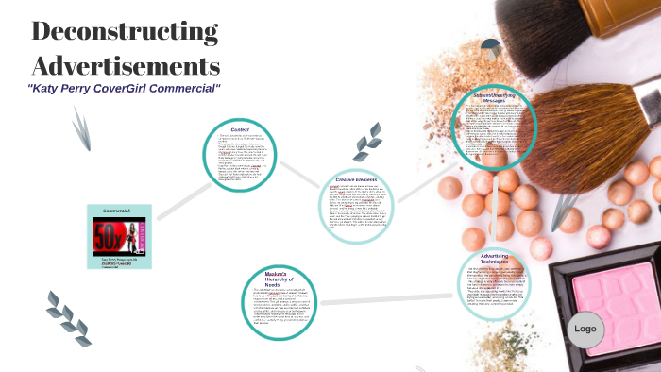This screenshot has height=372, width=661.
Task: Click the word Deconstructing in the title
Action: click(x=125, y=31)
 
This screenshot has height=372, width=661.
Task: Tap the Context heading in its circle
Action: click(x=240, y=129)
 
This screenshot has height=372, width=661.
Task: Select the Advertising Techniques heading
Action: click(x=495, y=258)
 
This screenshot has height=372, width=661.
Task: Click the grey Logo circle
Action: click(x=585, y=329)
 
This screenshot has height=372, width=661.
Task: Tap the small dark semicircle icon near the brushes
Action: click(x=490, y=47)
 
